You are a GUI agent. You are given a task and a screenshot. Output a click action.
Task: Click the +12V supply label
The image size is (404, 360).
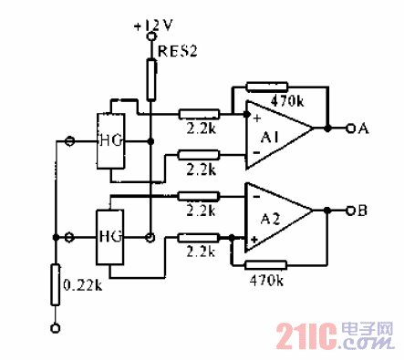click(150, 27)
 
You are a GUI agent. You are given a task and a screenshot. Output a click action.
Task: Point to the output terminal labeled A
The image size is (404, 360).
click(363, 128)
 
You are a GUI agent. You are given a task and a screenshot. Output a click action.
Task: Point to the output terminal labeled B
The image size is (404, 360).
click(363, 211)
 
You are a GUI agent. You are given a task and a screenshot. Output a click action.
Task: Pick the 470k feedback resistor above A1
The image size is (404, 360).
click(267, 87)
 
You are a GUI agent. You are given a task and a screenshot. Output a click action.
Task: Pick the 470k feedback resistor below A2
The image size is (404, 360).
click(267, 266)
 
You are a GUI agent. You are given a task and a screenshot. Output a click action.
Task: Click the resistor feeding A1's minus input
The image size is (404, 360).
click(199, 155)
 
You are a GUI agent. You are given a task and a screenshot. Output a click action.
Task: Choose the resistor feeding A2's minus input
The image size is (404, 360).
click(199, 194)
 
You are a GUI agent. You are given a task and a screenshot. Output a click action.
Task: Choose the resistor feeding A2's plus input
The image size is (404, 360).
click(199, 238)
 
